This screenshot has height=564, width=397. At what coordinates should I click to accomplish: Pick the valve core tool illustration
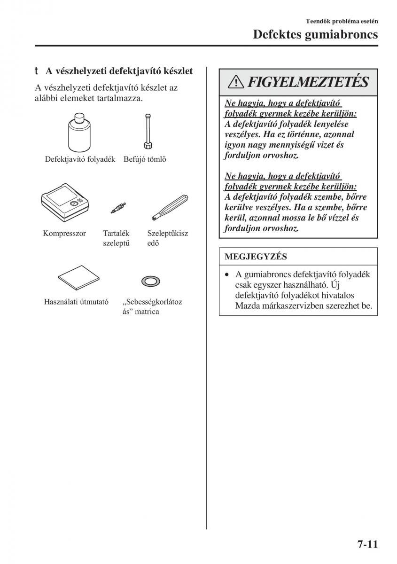click(x=170, y=207)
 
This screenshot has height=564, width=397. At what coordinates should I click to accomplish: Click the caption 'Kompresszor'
click(x=64, y=233)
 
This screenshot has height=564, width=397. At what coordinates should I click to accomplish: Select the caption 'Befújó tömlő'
click(x=145, y=159)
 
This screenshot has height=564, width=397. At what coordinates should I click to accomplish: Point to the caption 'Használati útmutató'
click(x=76, y=302)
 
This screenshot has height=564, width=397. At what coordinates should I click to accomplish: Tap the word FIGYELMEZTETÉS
click(x=307, y=83)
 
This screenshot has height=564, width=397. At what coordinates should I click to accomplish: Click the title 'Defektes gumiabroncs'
click(x=315, y=34)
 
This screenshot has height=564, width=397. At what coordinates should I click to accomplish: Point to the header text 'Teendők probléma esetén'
click(x=342, y=21)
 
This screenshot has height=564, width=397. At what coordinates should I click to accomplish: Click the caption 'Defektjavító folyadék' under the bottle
click(x=80, y=159)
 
